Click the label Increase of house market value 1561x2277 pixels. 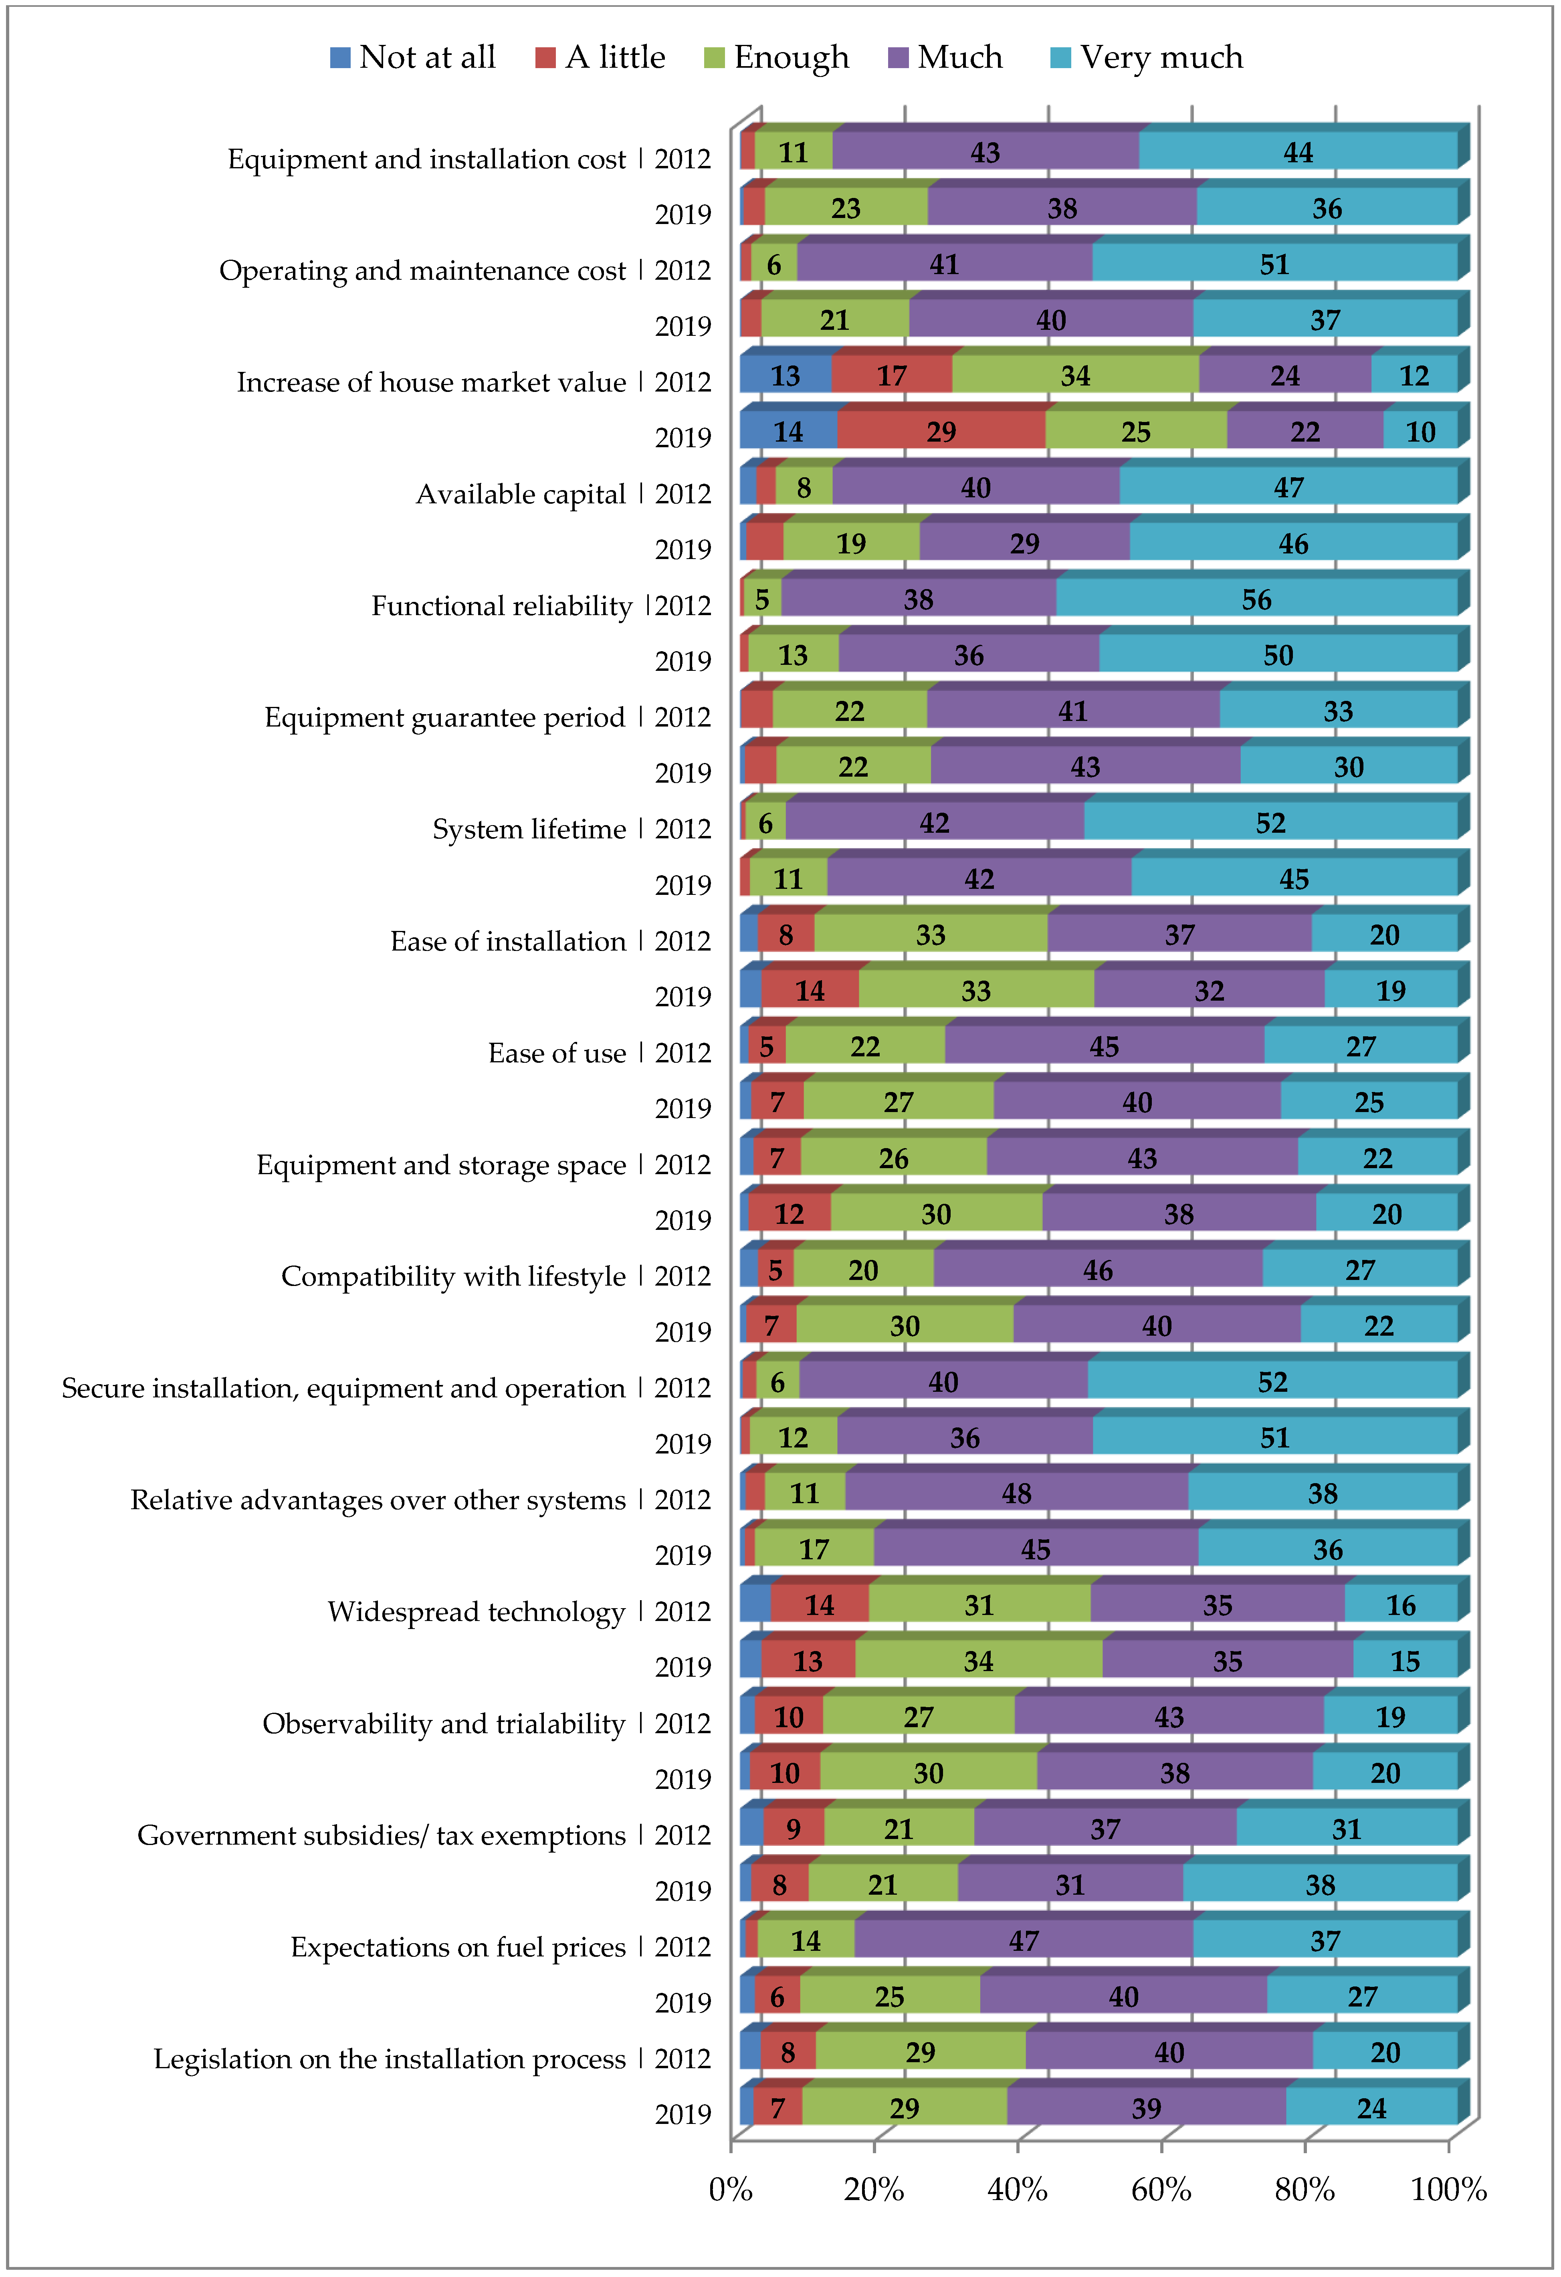click(431, 382)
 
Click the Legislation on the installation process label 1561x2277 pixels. click(389, 2059)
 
